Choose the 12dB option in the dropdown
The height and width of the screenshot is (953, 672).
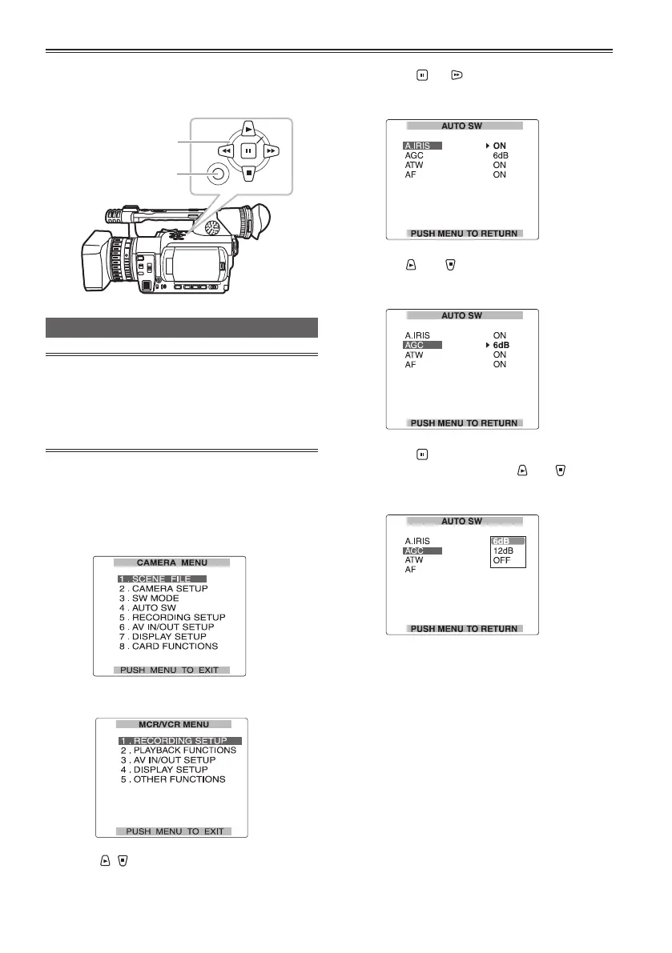pos(503,551)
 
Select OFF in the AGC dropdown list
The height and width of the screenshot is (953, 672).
pos(501,560)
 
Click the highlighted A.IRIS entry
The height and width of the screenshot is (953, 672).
pos(422,146)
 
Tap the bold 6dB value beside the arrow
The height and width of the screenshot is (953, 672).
pos(501,345)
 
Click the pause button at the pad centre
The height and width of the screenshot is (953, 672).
pos(248,150)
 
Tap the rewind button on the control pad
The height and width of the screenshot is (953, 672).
pos(226,150)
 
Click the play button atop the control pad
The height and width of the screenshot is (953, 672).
pos(248,127)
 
